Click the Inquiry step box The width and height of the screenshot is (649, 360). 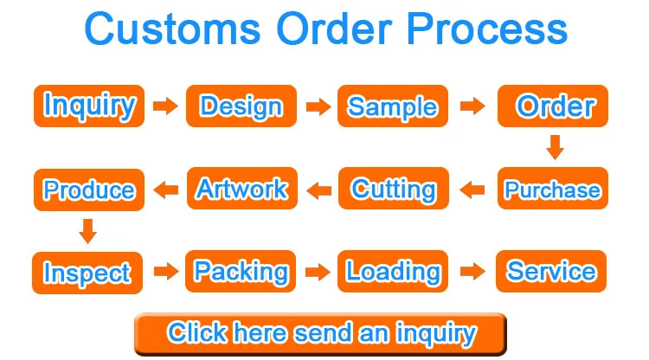click(x=88, y=106)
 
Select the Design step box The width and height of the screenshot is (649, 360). click(x=241, y=106)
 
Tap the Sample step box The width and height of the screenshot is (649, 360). click(x=392, y=106)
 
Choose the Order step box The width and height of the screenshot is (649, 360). click(x=554, y=106)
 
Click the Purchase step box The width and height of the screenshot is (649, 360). click(x=551, y=190)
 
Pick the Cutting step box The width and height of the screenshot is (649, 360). click(x=393, y=190)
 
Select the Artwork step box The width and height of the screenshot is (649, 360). click(x=241, y=190)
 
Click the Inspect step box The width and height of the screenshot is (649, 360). click(x=87, y=273)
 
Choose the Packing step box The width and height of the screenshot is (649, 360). click(x=241, y=272)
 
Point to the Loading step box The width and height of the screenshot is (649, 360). click(x=392, y=272)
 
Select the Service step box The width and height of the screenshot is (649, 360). click(x=551, y=272)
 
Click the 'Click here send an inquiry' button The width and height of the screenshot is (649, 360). click(x=321, y=332)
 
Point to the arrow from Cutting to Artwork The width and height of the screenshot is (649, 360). click(x=319, y=190)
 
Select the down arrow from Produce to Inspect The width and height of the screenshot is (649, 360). click(x=87, y=231)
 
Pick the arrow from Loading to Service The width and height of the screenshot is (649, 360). click(x=472, y=272)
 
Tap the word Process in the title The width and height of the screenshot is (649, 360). click(x=487, y=29)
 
